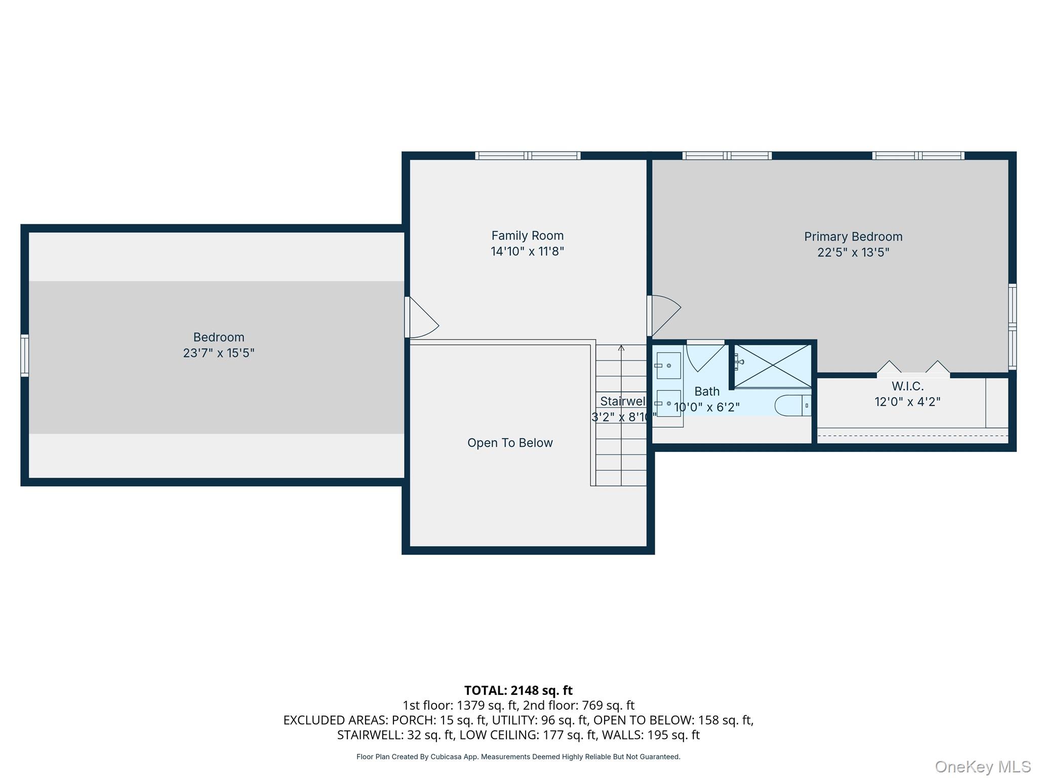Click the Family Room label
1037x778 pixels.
tap(527, 236)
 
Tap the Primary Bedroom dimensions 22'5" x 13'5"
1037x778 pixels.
tap(853, 252)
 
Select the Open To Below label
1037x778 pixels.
tap(509, 443)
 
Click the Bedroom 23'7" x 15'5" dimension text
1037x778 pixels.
tap(218, 353)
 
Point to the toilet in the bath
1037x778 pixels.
tap(792, 406)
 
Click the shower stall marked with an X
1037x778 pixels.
tap(772, 366)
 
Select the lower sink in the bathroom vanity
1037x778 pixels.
tap(668, 404)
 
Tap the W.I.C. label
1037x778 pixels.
tap(907, 386)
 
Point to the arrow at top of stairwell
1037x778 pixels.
tap(621, 348)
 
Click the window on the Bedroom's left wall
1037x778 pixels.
tap(24, 356)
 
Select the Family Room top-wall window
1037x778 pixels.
tap(528, 155)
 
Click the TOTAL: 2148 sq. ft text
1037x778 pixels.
tap(518, 690)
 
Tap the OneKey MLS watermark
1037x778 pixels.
tap(982, 767)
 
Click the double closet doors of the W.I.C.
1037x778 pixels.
tap(913, 369)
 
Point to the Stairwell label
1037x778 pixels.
tap(622, 401)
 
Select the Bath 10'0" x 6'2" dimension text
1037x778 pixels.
tap(706, 407)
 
